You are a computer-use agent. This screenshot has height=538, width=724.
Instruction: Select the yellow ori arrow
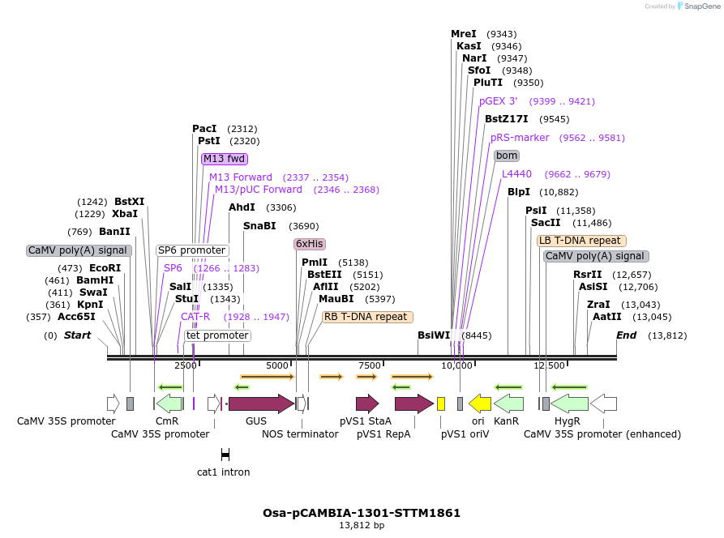click(x=480, y=403)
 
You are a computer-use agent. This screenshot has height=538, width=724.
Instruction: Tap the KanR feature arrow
click(x=508, y=403)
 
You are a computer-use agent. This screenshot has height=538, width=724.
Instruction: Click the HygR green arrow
click(x=570, y=403)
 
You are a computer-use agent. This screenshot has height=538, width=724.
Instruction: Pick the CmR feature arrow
click(x=169, y=403)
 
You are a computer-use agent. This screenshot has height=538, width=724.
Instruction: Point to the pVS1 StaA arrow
click(x=367, y=403)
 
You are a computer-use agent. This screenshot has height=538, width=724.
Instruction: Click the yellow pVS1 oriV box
click(x=441, y=403)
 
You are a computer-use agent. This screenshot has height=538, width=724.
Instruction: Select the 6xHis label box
click(x=309, y=244)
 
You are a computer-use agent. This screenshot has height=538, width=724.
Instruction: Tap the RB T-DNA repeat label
click(x=367, y=317)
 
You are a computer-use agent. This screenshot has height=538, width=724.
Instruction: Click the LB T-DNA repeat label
click(x=581, y=241)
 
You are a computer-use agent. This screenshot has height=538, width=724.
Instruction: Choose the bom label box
click(x=507, y=156)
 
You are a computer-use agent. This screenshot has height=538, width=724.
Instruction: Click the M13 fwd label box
click(x=225, y=159)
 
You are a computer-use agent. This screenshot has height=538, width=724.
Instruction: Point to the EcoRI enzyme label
click(x=105, y=268)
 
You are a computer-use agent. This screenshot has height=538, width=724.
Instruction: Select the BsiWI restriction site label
click(x=434, y=335)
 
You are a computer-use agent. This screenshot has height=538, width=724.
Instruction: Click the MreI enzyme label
click(x=464, y=34)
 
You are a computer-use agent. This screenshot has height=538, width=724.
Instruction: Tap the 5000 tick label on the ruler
click(x=277, y=365)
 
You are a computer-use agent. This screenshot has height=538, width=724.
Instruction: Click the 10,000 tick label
click(x=456, y=365)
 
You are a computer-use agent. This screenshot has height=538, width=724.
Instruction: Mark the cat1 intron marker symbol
click(x=225, y=455)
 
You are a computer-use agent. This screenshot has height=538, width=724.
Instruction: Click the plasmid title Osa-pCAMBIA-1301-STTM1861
click(x=362, y=513)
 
